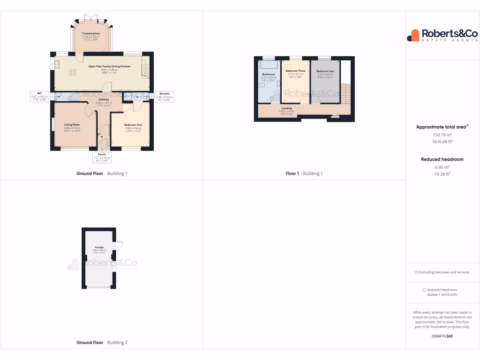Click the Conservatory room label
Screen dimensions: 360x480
(x=91, y=34)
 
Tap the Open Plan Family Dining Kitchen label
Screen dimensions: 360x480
(x=109, y=67)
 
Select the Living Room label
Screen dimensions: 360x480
(x=72, y=125)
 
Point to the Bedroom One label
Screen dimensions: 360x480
(x=133, y=125)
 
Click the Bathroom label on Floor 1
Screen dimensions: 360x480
(x=269, y=74)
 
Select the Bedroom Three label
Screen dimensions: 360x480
(x=295, y=71)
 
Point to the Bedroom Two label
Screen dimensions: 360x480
(x=325, y=71)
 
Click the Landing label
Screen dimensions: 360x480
(x=286, y=108)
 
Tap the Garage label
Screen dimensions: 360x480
(x=99, y=247)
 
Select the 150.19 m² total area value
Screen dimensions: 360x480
(x=442, y=135)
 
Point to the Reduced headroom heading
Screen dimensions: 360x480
(x=442, y=159)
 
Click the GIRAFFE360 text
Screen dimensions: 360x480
(x=442, y=336)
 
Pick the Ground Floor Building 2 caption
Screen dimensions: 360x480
(x=102, y=343)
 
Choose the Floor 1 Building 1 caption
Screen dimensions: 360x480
(x=304, y=173)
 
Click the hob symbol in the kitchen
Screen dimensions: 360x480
(x=73, y=72)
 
